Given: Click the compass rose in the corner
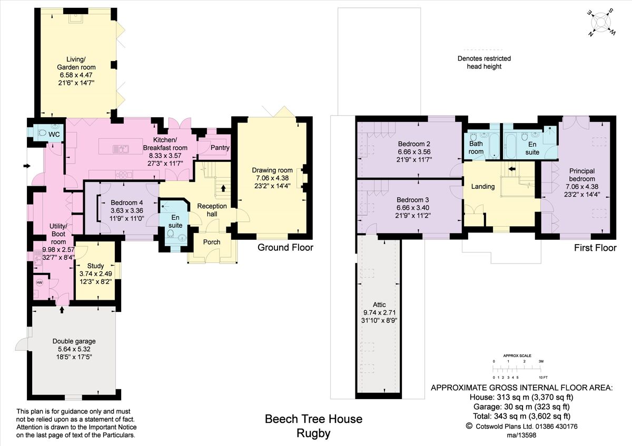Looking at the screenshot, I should point(601,23).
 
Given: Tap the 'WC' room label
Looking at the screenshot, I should point(54,135).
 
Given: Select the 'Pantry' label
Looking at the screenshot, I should point(220,148).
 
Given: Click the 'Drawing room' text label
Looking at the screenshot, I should point(272,170).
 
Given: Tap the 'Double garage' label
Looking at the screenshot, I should point(74,341).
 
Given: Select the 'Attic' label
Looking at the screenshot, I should point(379,305).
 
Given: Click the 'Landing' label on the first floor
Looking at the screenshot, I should point(482,186).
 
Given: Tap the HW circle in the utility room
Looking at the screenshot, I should point(39,282).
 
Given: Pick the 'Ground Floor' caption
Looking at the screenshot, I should point(285,248).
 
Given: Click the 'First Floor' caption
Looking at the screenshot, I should point(595,248).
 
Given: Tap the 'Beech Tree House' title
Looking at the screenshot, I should point(313,419).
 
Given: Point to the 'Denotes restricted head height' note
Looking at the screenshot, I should point(484,63).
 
